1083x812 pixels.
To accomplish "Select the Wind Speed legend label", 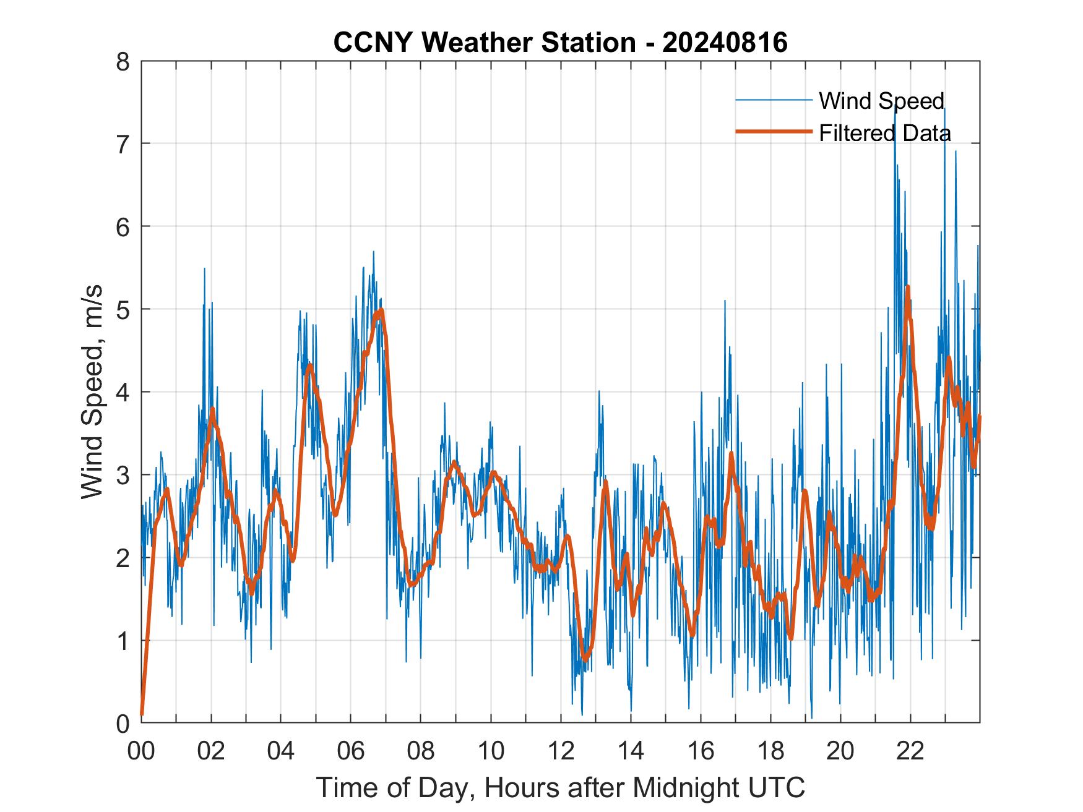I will click(881, 101).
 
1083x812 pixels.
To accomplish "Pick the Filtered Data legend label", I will click(884, 133).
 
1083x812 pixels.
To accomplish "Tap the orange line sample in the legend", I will click(774, 132).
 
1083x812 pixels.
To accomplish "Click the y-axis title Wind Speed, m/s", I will click(92, 393).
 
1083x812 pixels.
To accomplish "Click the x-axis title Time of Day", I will click(561, 787).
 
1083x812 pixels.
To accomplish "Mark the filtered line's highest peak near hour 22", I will click(907, 287).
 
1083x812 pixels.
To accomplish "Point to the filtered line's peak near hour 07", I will click(381, 310).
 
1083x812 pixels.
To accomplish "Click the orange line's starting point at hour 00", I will click(142, 714).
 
